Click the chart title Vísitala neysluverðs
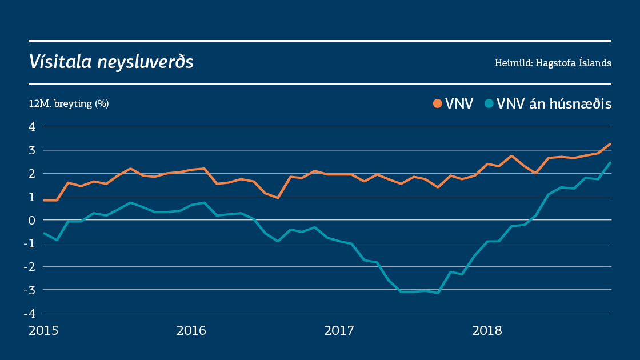point(111,62)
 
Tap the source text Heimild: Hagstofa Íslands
point(553,63)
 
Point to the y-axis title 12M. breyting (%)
point(69,104)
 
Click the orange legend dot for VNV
point(438,104)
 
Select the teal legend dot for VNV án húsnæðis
point(489,104)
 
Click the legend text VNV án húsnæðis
point(554,104)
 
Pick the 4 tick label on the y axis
point(32,127)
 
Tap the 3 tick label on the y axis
point(32,150)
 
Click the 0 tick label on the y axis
point(32,220)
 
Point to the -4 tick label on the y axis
point(30,313)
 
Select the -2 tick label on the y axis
point(30,266)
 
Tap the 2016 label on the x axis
point(191,330)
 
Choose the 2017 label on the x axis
point(339,330)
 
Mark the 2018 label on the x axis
point(486,330)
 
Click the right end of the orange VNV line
point(610,144)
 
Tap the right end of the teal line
point(610,163)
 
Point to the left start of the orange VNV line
point(45,200)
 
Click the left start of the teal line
point(45,233)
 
